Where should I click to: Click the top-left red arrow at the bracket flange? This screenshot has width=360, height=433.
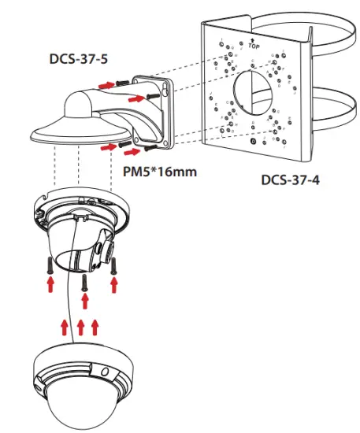105,81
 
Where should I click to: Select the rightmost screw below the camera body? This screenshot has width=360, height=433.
115,265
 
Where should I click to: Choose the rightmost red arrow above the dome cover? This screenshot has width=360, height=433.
95,324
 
